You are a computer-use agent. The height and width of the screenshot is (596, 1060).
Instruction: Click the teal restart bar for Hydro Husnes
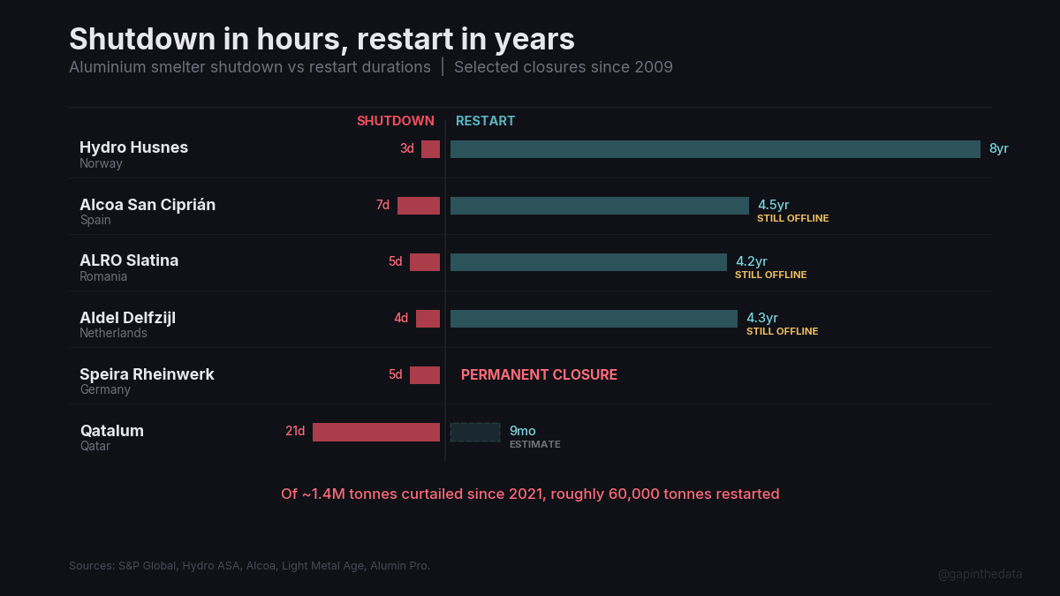715,149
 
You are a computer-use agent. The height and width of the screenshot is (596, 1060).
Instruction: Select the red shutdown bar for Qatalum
376,432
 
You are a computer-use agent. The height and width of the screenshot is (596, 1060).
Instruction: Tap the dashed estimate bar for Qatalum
475,432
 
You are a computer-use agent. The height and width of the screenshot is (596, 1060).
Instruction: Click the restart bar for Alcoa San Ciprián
599,206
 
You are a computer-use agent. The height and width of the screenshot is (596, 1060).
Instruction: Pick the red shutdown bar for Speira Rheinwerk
425,375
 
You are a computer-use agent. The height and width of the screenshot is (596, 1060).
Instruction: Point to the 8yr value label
998,148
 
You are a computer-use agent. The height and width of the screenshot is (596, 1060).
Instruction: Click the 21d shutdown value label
295,431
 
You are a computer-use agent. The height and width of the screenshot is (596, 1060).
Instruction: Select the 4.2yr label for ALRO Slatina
752,261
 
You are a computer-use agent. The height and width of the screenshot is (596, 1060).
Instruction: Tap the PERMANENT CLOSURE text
539,374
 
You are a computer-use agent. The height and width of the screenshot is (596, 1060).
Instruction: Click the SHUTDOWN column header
396,121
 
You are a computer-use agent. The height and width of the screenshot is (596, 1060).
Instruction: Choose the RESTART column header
485,121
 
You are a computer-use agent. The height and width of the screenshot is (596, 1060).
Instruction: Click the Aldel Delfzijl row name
127,317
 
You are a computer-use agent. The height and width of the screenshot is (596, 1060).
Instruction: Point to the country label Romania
103,276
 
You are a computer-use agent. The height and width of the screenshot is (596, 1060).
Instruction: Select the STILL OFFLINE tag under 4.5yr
792,218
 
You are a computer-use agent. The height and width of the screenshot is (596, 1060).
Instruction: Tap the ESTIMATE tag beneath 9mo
534,444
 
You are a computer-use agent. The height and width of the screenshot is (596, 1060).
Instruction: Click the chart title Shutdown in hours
322,39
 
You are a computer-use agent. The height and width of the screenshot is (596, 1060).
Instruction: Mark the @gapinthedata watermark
980,574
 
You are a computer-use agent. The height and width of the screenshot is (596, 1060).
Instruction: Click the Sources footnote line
249,565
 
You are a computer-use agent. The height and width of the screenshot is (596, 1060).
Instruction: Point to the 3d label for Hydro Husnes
406,148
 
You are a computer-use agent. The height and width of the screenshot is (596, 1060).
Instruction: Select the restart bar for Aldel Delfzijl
594,319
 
